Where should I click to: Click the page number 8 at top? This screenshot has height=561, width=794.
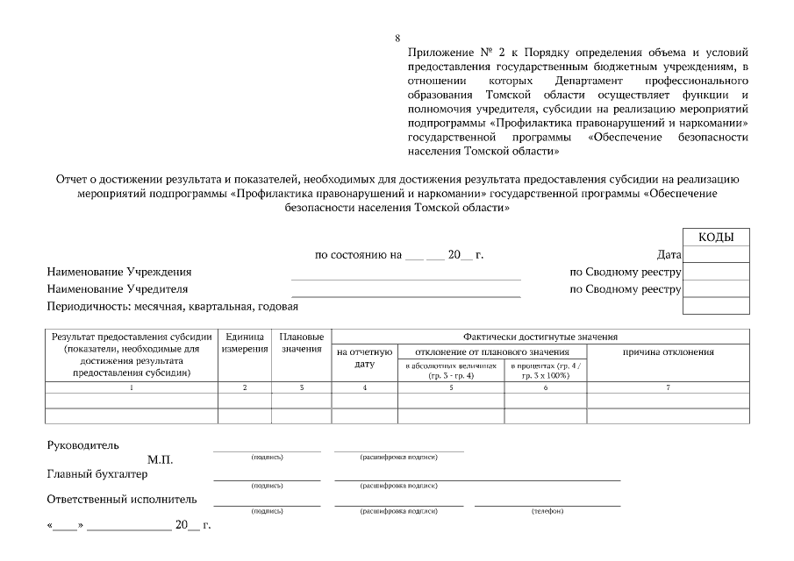[x=397, y=38]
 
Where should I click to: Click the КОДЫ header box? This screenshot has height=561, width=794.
[x=715, y=237]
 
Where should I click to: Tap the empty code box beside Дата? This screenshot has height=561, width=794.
[x=715, y=254]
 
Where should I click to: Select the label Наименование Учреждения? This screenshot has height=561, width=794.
[x=119, y=272]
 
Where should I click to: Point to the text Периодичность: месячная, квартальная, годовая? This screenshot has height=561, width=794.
[x=173, y=306]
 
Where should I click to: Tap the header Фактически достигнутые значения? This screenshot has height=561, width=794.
[x=540, y=336]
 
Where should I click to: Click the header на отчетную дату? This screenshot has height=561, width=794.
[x=364, y=358]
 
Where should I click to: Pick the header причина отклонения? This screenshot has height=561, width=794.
[x=668, y=352]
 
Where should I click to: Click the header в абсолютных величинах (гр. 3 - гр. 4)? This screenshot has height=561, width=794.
[x=451, y=369]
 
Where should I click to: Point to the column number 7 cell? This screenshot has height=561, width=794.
[x=668, y=387]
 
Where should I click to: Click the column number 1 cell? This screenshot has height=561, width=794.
[x=132, y=387]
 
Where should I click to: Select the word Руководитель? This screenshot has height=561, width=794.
[x=82, y=444]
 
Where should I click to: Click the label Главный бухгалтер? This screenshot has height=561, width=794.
[x=97, y=474]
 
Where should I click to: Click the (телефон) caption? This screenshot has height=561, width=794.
[x=547, y=511]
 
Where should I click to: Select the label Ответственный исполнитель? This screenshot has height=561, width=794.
[x=122, y=500]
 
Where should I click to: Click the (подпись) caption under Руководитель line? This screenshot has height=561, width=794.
[x=267, y=457]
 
